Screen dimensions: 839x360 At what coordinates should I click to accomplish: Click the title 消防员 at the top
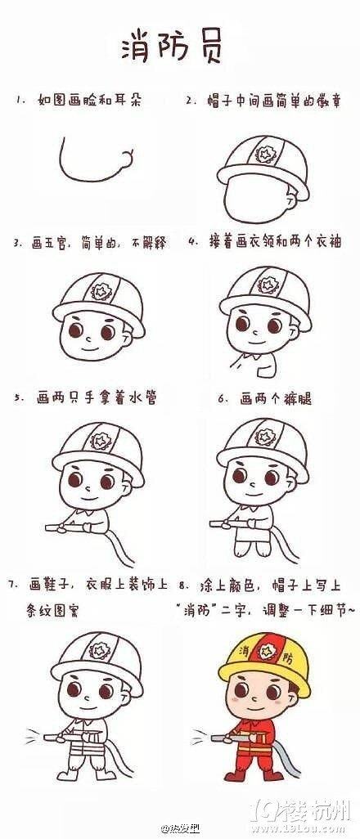pyautogui.click(x=171, y=47)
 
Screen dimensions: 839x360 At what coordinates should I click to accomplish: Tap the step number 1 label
pyautogui.click(x=20, y=101)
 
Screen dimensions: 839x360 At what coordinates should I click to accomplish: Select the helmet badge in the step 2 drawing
pyautogui.click(x=265, y=153)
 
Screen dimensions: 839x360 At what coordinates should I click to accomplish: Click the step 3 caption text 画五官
pyautogui.click(x=53, y=243)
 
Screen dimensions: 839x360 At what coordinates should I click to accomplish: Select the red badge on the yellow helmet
pyautogui.click(x=265, y=653)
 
